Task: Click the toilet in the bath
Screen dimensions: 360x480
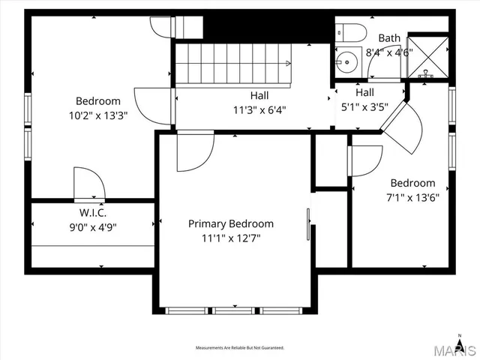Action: click(350, 32)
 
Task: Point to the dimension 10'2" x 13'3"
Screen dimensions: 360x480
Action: click(98, 115)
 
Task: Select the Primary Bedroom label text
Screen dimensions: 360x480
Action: click(230, 223)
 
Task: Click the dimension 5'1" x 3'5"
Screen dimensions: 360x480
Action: click(364, 106)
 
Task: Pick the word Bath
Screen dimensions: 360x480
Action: click(389, 37)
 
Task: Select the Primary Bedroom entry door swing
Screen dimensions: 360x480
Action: click(192, 152)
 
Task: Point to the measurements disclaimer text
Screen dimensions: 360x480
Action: click(239, 348)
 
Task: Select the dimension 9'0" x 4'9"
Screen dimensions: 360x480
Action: click(93, 226)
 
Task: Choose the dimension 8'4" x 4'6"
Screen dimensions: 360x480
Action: click(387, 52)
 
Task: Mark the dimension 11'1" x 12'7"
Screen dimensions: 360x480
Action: click(230, 238)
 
